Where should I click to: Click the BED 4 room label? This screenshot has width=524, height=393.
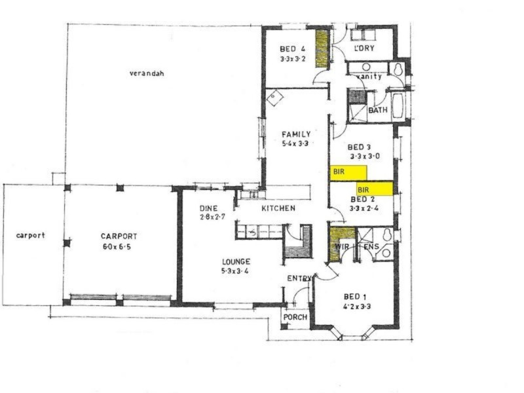[292, 49]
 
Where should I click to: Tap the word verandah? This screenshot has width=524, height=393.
[146, 73]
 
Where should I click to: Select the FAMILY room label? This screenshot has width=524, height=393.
[296, 134]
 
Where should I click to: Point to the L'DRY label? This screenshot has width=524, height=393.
[364, 49]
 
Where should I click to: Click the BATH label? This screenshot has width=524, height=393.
[378, 110]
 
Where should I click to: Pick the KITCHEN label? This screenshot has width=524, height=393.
[278, 208]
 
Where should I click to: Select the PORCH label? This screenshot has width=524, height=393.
[295, 317]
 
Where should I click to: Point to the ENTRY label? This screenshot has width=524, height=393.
[299, 279]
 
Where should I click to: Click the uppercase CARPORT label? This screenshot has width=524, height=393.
[118, 236]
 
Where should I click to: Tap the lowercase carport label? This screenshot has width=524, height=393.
[31, 235]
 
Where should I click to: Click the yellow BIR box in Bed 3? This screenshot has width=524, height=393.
[348, 172]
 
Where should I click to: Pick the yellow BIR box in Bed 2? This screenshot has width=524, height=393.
[375, 189]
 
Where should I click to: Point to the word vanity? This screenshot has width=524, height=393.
[369, 77]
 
